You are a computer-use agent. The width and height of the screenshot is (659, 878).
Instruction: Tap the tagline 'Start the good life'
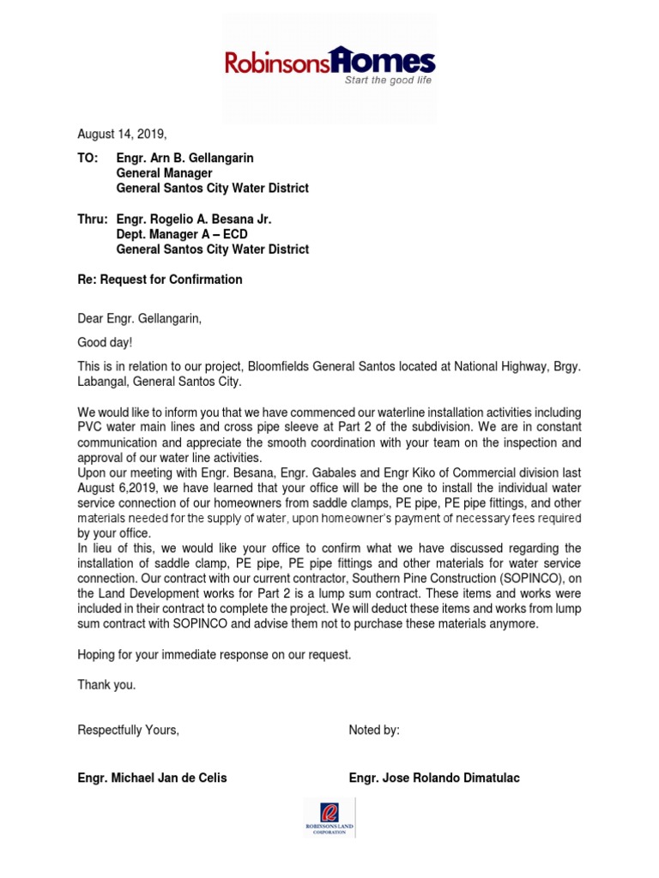(x=388, y=81)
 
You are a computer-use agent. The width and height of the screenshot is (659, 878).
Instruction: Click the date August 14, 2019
(x=122, y=134)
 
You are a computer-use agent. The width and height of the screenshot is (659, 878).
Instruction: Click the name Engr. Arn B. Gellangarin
(x=184, y=159)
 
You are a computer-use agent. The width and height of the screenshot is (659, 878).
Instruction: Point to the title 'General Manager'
(x=164, y=173)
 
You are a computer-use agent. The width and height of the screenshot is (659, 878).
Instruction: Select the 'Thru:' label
(x=93, y=220)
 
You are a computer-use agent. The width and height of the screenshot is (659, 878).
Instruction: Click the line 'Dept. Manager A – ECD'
(x=176, y=235)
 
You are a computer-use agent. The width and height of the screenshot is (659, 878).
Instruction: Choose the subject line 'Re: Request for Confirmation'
(x=160, y=280)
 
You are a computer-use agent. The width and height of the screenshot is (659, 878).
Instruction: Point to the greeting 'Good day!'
(x=106, y=343)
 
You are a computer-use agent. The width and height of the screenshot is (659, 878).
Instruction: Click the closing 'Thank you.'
(x=106, y=685)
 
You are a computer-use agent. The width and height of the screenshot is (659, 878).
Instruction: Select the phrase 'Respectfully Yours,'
(x=129, y=730)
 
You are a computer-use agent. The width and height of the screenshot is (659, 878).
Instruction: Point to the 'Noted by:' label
(x=374, y=730)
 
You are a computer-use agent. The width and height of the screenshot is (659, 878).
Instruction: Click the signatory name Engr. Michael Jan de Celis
(x=153, y=778)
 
